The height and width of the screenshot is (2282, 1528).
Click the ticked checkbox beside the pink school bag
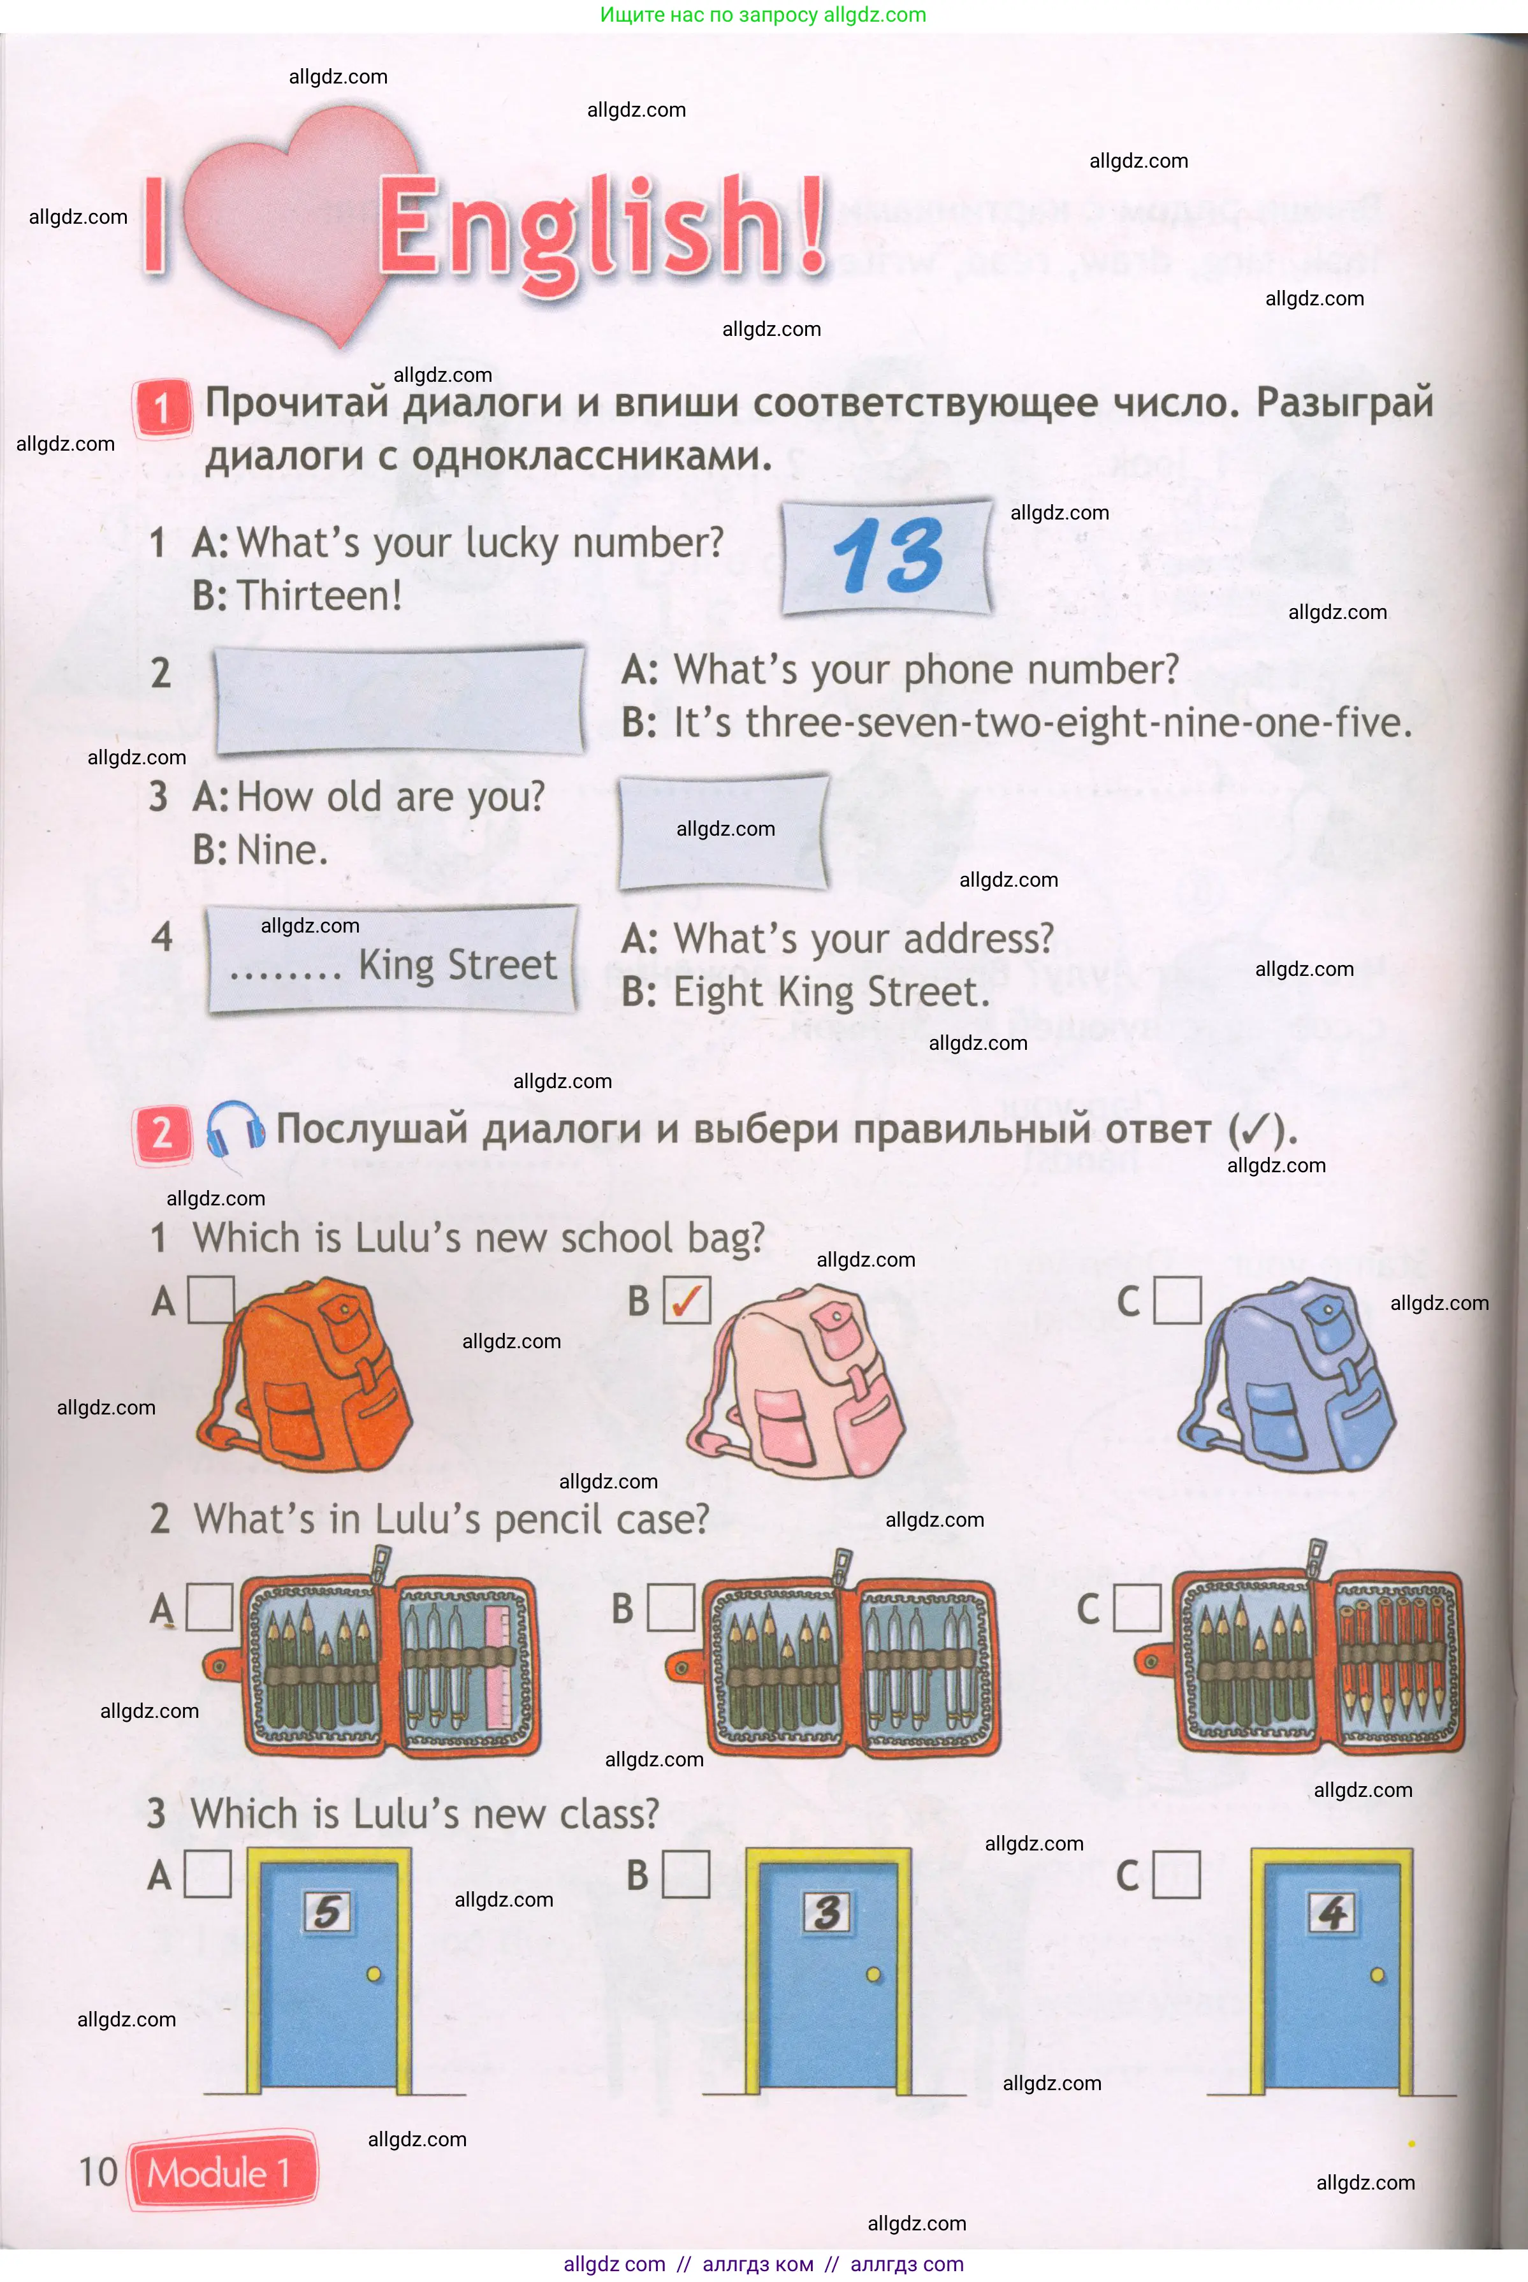tap(687, 1300)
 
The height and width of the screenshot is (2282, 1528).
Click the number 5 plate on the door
tap(328, 1911)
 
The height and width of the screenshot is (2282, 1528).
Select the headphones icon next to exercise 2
tap(234, 1130)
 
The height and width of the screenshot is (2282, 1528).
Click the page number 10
tap(98, 2173)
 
